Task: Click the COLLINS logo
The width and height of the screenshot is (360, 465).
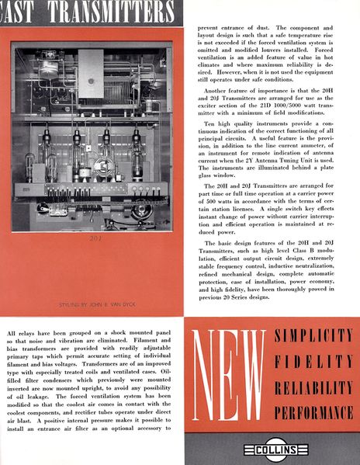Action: [271, 449]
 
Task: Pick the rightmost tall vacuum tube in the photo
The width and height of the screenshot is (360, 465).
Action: [137, 147]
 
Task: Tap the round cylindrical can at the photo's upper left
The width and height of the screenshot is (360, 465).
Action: [47, 69]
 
